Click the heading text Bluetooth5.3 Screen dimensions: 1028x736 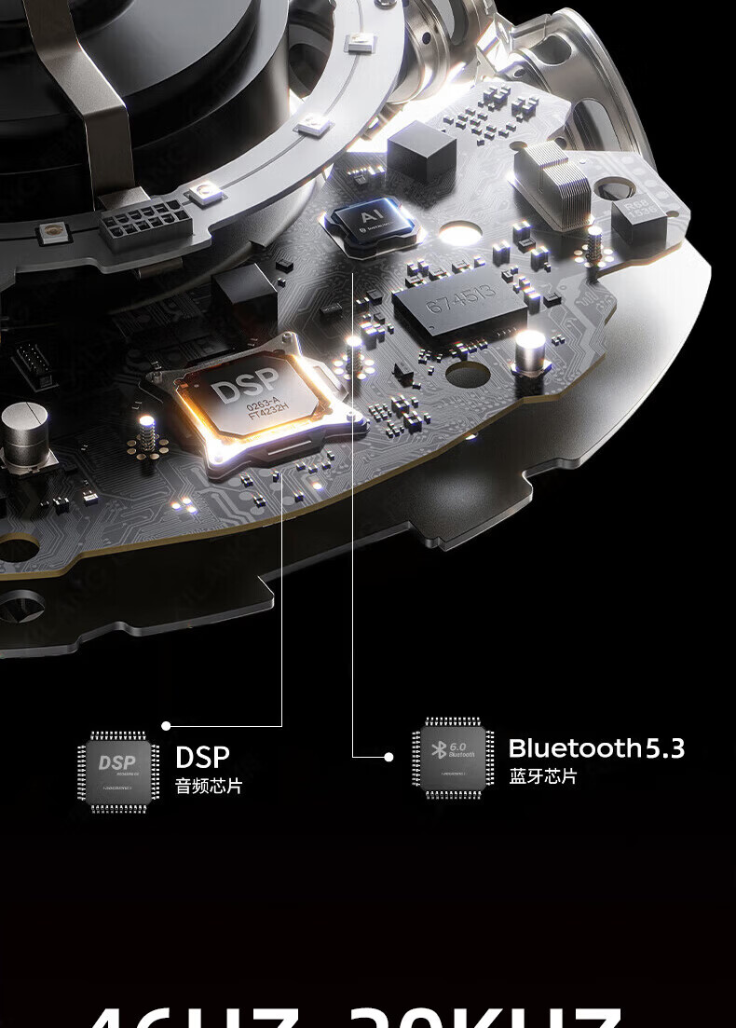[x=596, y=748]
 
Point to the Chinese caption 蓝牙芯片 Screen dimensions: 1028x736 [x=543, y=776]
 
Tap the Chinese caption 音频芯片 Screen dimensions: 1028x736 [x=209, y=786]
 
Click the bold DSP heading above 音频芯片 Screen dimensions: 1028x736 [x=202, y=756]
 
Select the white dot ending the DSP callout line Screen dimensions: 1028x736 [x=166, y=725]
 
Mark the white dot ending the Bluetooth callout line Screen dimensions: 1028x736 [x=388, y=757]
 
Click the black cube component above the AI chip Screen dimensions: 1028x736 [x=421, y=151]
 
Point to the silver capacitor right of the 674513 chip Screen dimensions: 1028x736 [x=530, y=354]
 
